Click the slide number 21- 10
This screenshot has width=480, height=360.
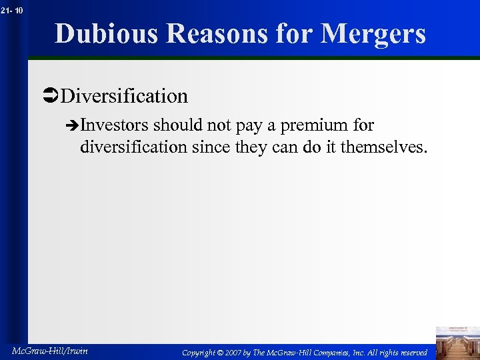[x=13, y=10]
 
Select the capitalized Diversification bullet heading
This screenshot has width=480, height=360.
[x=124, y=96]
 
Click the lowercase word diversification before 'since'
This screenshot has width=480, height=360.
[x=133, y=147]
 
